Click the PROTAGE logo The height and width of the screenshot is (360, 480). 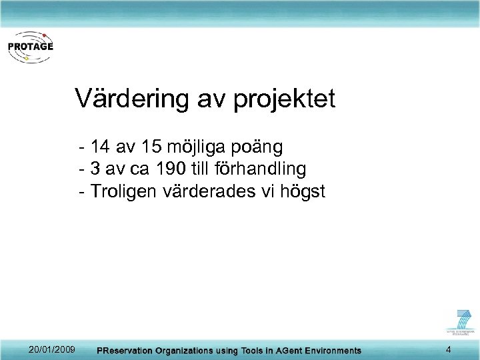pyautogui.click(x=30, y=47)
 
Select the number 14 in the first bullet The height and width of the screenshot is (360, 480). pyautogui.click(x=103, y=146)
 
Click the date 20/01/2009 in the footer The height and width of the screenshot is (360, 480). pyautogui.click(x=52, y=350)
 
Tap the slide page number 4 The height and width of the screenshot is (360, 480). pyautogui.click(x=449, y=350)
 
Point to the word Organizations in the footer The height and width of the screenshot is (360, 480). pyautogui.click(x=185, y=351)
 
